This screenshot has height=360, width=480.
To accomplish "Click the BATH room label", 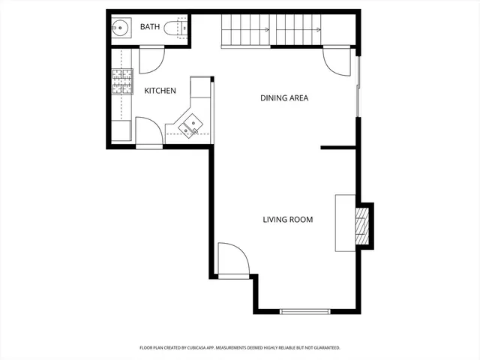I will (150, 28).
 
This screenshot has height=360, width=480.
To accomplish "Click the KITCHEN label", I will (160, 91).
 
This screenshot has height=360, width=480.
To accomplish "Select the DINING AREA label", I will (284, 97).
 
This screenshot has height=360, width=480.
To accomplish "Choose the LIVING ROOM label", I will (287, 220).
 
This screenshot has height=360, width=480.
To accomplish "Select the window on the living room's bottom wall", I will (304, 311).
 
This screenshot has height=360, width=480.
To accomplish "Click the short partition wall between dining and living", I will (337, 148).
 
